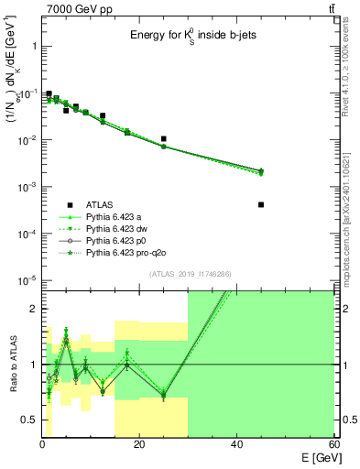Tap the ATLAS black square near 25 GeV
(163, 139)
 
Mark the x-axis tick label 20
(139, 448)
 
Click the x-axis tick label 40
(236, 448)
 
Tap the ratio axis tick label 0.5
(29, 420)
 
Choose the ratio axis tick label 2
(33, 310)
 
